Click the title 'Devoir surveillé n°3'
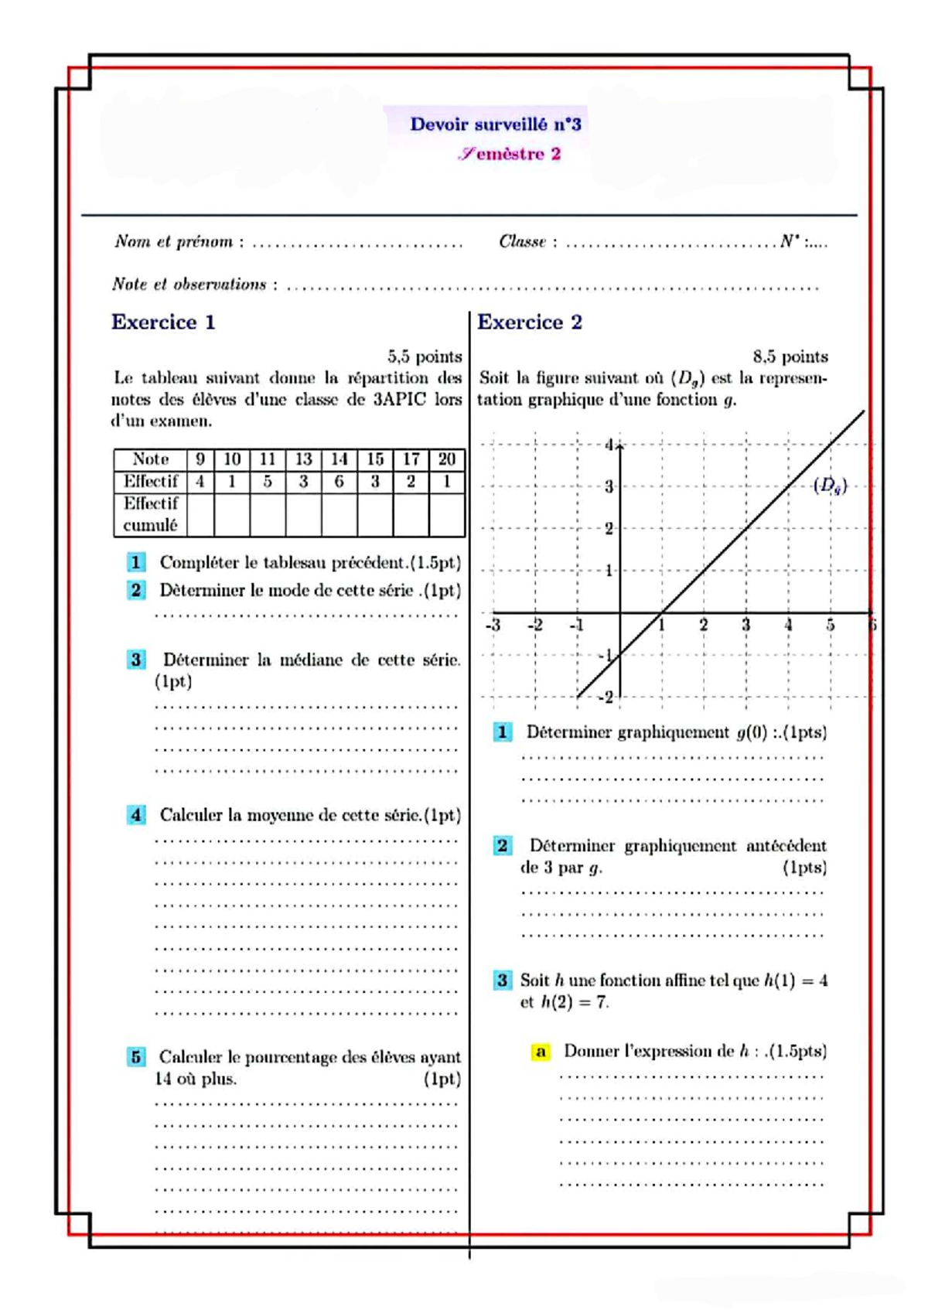click(495, 124)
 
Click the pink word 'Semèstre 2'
click(510, 154)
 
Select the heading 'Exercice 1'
click(163, 322)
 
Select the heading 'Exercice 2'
click(530, 322)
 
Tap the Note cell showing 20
click(446, 459)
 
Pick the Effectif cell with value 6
click(339, 482)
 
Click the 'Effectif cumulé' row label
click(151, 514)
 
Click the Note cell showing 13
click(303, 459)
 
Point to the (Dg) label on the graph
click(830, 486)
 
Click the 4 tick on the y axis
click(609, 445)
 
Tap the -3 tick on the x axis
click(493, 625)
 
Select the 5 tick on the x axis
click(830, 625)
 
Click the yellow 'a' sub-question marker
click(541, 1052)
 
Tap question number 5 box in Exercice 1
click(136, 1057)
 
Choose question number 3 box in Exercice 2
click(502, 980)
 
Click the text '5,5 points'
click(425, 356)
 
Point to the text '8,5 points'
click(790, 356)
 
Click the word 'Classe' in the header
click(522, 242)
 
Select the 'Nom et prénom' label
click(174, 242)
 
